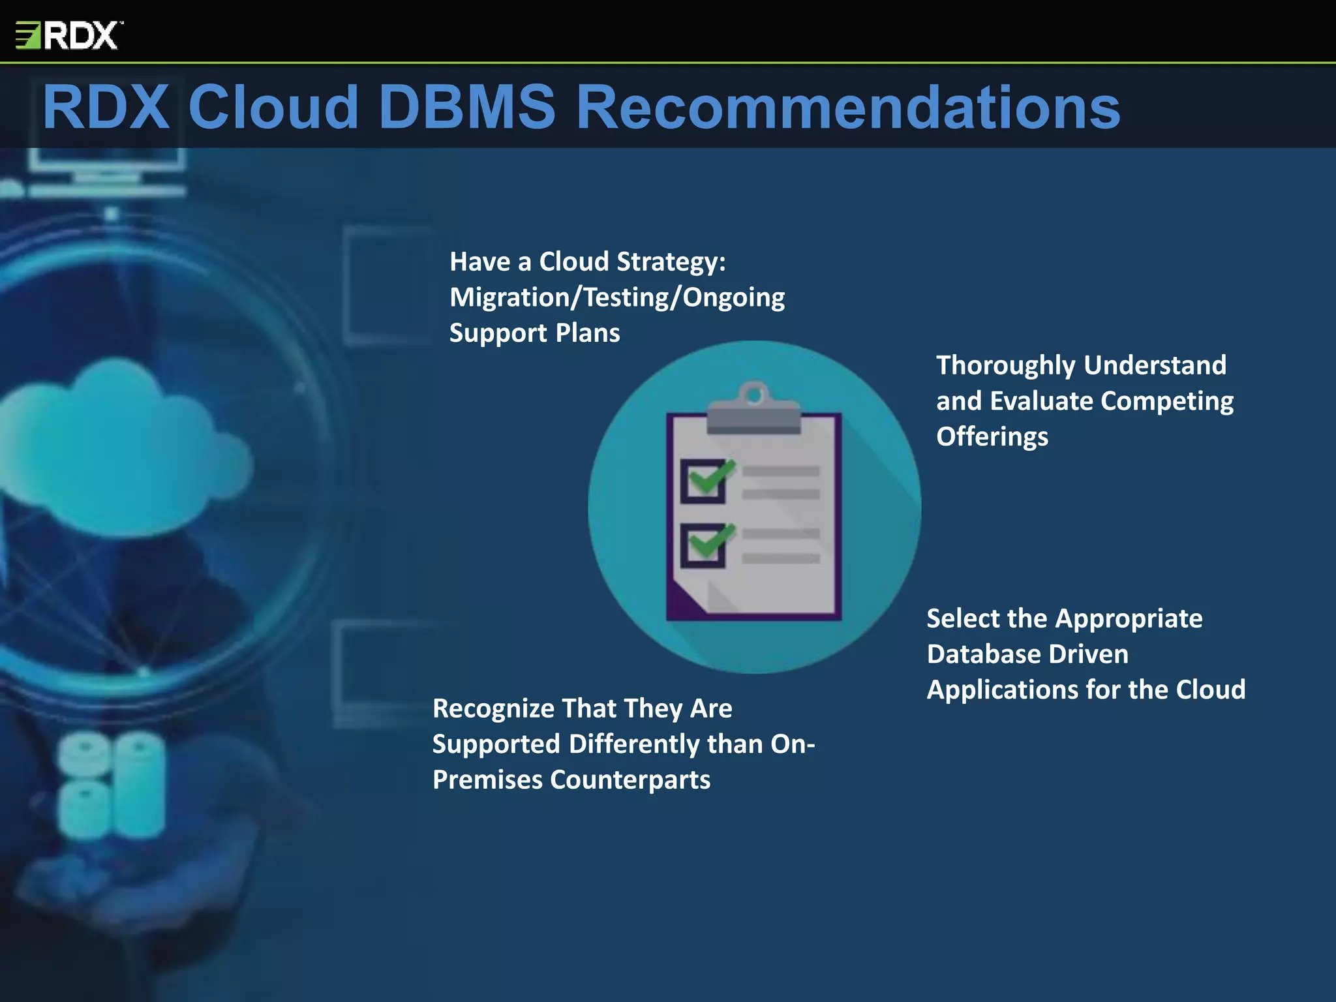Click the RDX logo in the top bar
(68, 35)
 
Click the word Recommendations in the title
(848, 108)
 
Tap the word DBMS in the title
(466, 108)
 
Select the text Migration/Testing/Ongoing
(617, 297)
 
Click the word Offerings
(992, 436)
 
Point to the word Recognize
(493, 708)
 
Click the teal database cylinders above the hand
(111, 783)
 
